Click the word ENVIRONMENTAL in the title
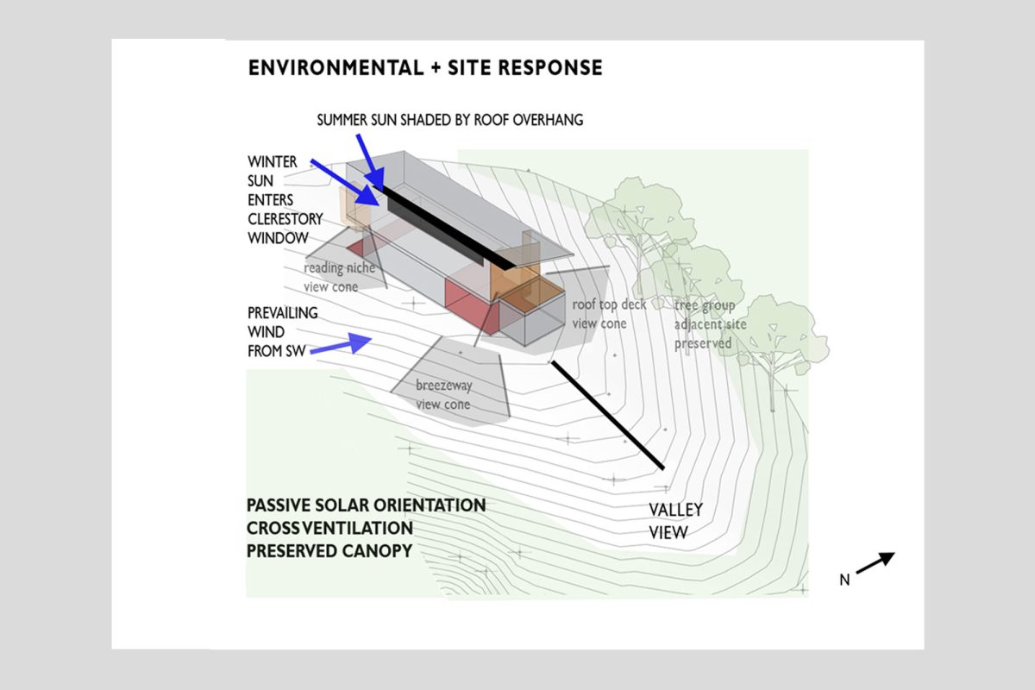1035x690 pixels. click(336, 68)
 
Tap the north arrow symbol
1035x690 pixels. click(875, 563)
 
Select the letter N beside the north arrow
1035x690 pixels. click(844, 580)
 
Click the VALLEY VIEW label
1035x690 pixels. click(676, 521)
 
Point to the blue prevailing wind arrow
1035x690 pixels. click(341, 343)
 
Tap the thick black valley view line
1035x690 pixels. click(607, 415)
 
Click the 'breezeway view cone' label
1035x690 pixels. click(443, 395)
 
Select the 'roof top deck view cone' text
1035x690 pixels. click(609, 314)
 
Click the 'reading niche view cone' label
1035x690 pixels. click(340, 278)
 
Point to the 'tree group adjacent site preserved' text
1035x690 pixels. click(710, 324)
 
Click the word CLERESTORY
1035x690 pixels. click(285, 218)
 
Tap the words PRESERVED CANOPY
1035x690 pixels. click(329, 551)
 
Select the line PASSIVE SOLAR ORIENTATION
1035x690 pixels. click(366, 505)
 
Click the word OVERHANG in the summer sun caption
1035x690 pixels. click(548, 120)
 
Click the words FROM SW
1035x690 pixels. click(276, 351)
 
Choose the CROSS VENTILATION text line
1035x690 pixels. click(329, 528)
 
